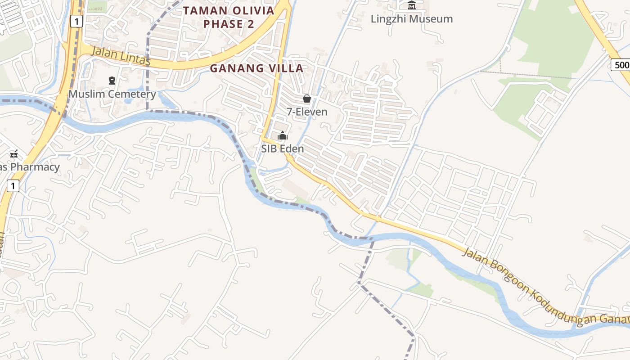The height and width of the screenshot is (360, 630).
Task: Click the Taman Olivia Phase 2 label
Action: [229, 17]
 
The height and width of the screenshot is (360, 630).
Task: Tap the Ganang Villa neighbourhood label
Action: [257, 68]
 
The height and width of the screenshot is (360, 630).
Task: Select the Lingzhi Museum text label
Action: [411, 19]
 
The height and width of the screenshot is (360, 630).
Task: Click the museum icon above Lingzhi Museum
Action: [411, 6]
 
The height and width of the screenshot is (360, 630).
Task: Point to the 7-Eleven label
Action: [307, 112]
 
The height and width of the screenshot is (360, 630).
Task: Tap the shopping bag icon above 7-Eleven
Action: [307, 99]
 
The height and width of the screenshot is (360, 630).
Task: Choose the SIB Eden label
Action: [283, 148]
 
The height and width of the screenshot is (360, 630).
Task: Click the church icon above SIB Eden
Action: [283, 135]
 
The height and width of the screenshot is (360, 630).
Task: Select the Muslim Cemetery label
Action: [112, 94]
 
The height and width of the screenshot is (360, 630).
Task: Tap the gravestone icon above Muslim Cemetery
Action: [112, 81]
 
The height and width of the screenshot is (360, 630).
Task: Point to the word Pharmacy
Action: [35, 167]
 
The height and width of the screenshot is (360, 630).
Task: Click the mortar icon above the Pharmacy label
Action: [14, 154]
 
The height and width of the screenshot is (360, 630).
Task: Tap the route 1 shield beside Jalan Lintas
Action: [76, 21]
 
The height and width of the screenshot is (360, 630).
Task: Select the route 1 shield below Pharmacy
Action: [13, 185]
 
